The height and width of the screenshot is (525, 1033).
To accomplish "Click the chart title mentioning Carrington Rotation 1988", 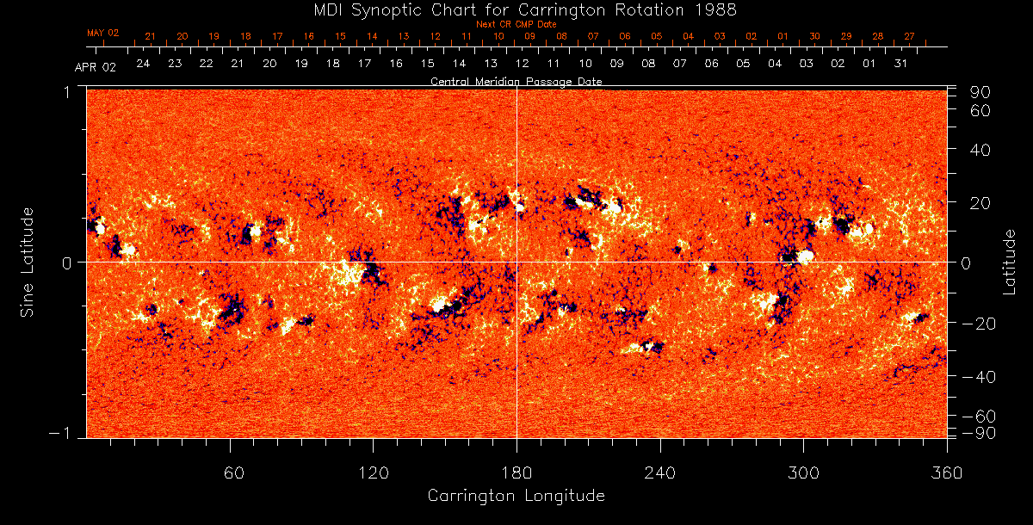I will point(516,9).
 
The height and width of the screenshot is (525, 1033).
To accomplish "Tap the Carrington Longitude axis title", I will point(516,496).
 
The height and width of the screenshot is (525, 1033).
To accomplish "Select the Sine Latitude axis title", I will point(28,262).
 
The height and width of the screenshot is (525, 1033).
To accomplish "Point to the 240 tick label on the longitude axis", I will point(659,472).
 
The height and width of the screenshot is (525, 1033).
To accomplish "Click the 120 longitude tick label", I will point(373,472).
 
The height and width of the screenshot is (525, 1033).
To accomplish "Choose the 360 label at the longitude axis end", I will point(946,472).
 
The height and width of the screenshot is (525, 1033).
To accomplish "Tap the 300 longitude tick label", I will point(802,472).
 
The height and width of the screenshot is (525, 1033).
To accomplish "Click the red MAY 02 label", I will point(102,33).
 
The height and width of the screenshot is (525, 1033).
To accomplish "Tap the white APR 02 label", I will point(95,67).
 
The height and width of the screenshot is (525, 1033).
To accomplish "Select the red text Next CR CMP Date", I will point(516,24).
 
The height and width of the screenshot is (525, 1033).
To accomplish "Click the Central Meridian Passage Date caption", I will point(516,82).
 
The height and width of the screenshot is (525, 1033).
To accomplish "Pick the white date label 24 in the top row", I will point(143,64).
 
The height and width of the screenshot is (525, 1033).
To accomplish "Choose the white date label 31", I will point(900,64).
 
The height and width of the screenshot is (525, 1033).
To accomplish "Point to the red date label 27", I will point(909,36).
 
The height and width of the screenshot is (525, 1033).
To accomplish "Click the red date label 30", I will point(814,36).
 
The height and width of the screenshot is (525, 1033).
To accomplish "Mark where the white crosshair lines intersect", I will point(516,262).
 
